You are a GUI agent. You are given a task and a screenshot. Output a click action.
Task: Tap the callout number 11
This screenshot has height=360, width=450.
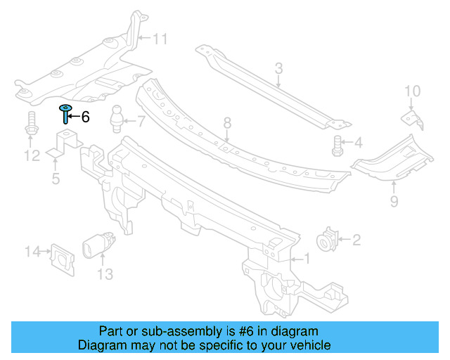point(160,39)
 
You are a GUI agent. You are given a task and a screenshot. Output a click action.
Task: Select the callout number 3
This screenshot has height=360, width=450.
point(278,68)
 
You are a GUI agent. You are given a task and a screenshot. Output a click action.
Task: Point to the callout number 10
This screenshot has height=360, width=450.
point(412,91)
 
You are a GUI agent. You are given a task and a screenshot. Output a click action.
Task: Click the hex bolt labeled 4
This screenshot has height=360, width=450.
point(337,146)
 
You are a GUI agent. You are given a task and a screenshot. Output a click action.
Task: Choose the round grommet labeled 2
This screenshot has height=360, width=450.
point(328,240)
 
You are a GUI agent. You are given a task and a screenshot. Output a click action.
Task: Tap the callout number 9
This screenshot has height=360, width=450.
point(393,202)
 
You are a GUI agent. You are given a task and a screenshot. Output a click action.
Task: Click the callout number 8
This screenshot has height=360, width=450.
point(227,124)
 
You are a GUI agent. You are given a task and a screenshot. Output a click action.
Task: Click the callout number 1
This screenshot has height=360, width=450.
point(305,259)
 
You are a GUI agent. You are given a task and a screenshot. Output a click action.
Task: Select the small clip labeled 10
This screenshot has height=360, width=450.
point(412,117)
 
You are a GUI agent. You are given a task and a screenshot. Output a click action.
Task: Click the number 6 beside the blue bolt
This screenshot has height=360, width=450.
point(85,117)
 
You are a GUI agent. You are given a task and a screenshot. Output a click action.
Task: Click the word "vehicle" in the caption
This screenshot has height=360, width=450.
point(309,345)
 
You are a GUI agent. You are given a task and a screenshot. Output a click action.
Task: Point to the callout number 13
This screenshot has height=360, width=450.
point(104,274)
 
